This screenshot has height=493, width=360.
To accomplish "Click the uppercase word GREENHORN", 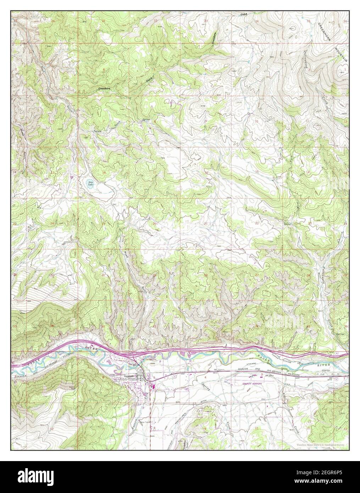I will (324, 33).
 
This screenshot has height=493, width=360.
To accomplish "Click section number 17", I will (155, 172).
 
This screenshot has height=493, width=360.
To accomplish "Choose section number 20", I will (154, 223).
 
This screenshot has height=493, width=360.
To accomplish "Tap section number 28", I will (206, 275).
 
